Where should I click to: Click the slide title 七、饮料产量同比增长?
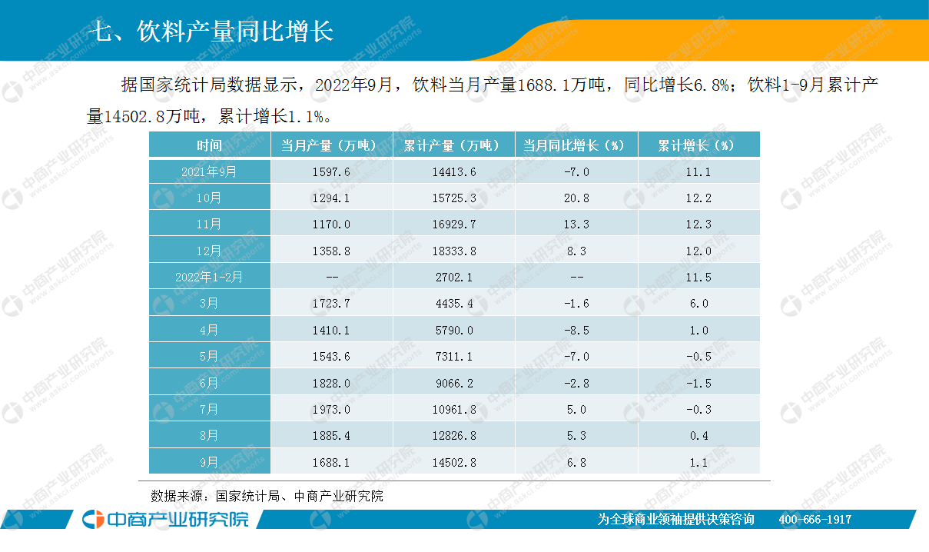tap(211, 32)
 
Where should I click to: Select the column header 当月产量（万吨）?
tap(330, 145)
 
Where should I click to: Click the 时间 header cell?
tap(209, 145)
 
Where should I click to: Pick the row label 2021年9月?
tap(209, 172)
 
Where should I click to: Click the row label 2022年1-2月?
tap(209, 277)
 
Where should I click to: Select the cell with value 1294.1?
tap(332, 198)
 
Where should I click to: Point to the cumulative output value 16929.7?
tap(453, 224)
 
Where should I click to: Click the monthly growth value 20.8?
tap(576, 198)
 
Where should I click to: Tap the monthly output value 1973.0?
tap(332, 409)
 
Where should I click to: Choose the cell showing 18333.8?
tap(453, 251)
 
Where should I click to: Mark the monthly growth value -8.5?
tap(576, 330)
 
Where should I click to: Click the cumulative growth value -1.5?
tap(698, 383)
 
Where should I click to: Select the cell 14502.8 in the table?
tap(453, 462)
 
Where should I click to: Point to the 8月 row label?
tap(209, 435)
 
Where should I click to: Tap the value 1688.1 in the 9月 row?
tap(332, 462)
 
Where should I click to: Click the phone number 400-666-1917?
tap(815, 520)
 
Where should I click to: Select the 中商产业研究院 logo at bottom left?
tap(166, 519)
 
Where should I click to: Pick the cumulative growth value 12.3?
tap(698, 224)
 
